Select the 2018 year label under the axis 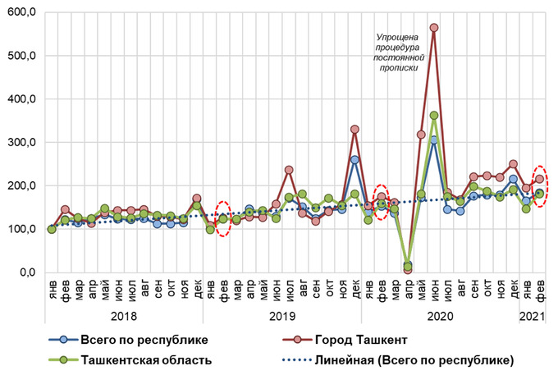point(125,314)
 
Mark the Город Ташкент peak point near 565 point(434,28)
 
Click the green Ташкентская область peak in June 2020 point(434,116)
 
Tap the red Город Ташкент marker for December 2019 point(354,130)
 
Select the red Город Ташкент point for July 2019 point(288,170)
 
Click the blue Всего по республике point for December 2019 point(354,160)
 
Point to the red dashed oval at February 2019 point(222,218)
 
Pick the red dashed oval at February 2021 point(540,185)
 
